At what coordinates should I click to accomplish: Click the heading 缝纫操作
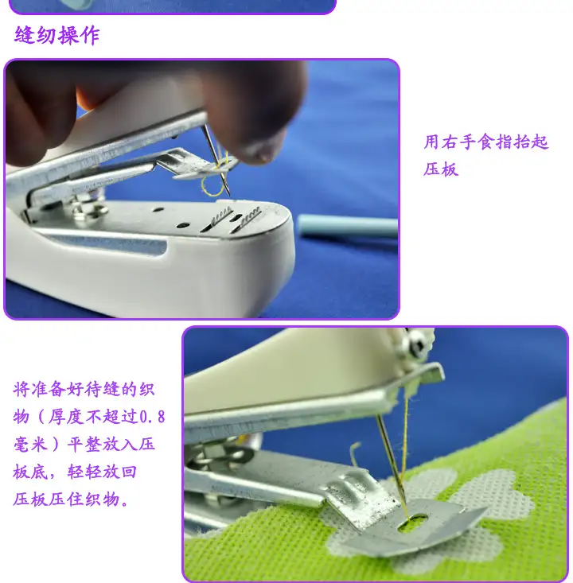pyautogui.click(x=57, y=36)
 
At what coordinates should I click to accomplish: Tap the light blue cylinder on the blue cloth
pyautogui.click(x=348, y=225)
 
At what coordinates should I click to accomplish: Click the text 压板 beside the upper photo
pyautogui.click(x=441, y=169)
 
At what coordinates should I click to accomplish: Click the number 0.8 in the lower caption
pyautogui.click(x=152, y=417)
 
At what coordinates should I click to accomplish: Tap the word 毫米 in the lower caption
pyautogui.click(x=30, y=445)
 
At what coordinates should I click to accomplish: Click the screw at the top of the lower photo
pyautogui.click(x=418, y=344)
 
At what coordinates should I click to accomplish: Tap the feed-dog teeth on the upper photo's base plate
pyautogui.click(x=235, y=217)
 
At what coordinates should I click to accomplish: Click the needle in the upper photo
pyautogui.click(x=216, y=160)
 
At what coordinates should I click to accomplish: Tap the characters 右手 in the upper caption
pyautogui.click(x=458, y=142)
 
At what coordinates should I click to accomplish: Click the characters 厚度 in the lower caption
pyautogui.click(x=66, y=417)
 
